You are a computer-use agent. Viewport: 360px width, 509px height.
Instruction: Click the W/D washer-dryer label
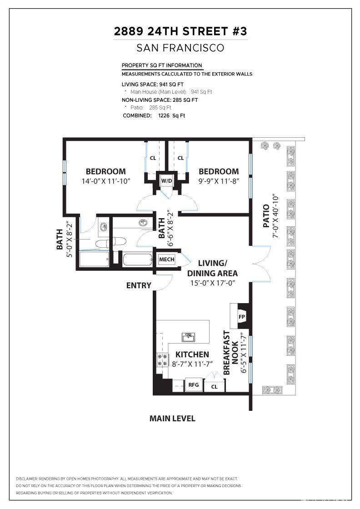166,181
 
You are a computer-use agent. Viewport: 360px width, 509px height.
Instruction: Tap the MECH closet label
166,259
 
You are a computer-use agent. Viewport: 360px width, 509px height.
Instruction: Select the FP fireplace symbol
241,316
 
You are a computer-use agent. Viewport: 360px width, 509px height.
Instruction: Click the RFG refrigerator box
194,385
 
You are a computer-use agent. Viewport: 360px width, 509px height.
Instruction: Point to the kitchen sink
189,337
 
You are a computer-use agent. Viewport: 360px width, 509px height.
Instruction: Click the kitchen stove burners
162,360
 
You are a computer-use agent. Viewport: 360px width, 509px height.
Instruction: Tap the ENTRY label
139,285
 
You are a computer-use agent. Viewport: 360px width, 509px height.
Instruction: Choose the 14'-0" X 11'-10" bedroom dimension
105,181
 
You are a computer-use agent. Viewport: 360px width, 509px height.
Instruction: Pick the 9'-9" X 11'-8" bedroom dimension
219,181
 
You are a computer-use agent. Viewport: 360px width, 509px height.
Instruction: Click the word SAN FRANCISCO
180,48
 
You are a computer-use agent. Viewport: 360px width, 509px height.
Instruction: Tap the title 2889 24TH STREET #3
180,32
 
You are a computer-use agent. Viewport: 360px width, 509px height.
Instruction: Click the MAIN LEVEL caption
172,419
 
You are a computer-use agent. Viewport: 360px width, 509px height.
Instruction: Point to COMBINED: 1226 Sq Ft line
154,116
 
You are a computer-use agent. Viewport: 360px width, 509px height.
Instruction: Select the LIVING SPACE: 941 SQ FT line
153,85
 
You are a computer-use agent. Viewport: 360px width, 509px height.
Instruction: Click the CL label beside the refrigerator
214,387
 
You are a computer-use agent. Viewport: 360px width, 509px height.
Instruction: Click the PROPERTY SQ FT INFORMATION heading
162,65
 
